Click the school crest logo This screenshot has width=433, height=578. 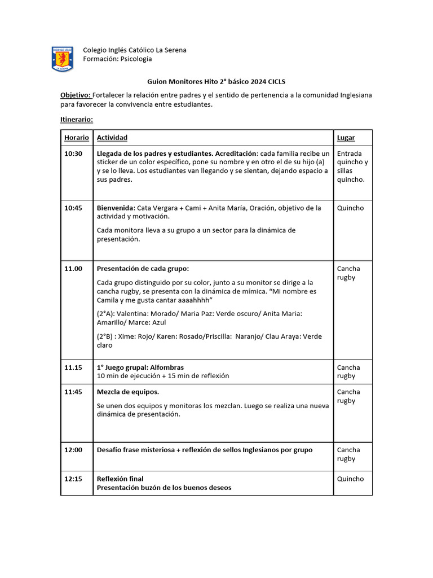coord(62,59)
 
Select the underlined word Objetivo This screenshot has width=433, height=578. coord(76,95)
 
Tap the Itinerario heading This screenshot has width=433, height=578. coord(77,120)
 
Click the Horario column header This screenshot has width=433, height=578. coord(77,138)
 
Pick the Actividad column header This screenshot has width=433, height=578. coord(112,138)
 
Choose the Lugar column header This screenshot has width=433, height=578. coord(346,138)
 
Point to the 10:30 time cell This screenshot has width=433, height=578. coord(73,154)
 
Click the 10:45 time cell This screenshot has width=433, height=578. coord(73,208)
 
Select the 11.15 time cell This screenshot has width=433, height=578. coord(73,367)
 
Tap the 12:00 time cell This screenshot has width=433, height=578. coord(73,450)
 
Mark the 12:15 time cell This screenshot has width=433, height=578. coord(73,479)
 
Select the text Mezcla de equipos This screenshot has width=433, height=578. coord(128,392)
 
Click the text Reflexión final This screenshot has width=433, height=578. coord(120,479)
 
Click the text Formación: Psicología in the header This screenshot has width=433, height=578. coord(117,59)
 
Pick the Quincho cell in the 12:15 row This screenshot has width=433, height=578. coord(351,479)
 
